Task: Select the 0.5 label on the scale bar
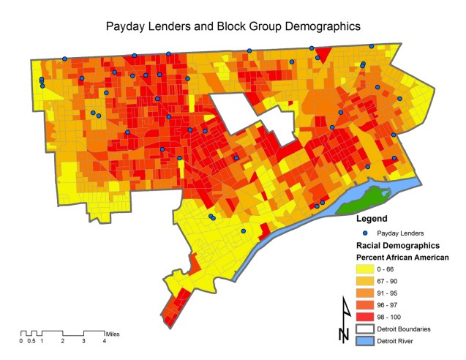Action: (x=31, y=341)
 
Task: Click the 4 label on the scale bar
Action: (x=105, y=341)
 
